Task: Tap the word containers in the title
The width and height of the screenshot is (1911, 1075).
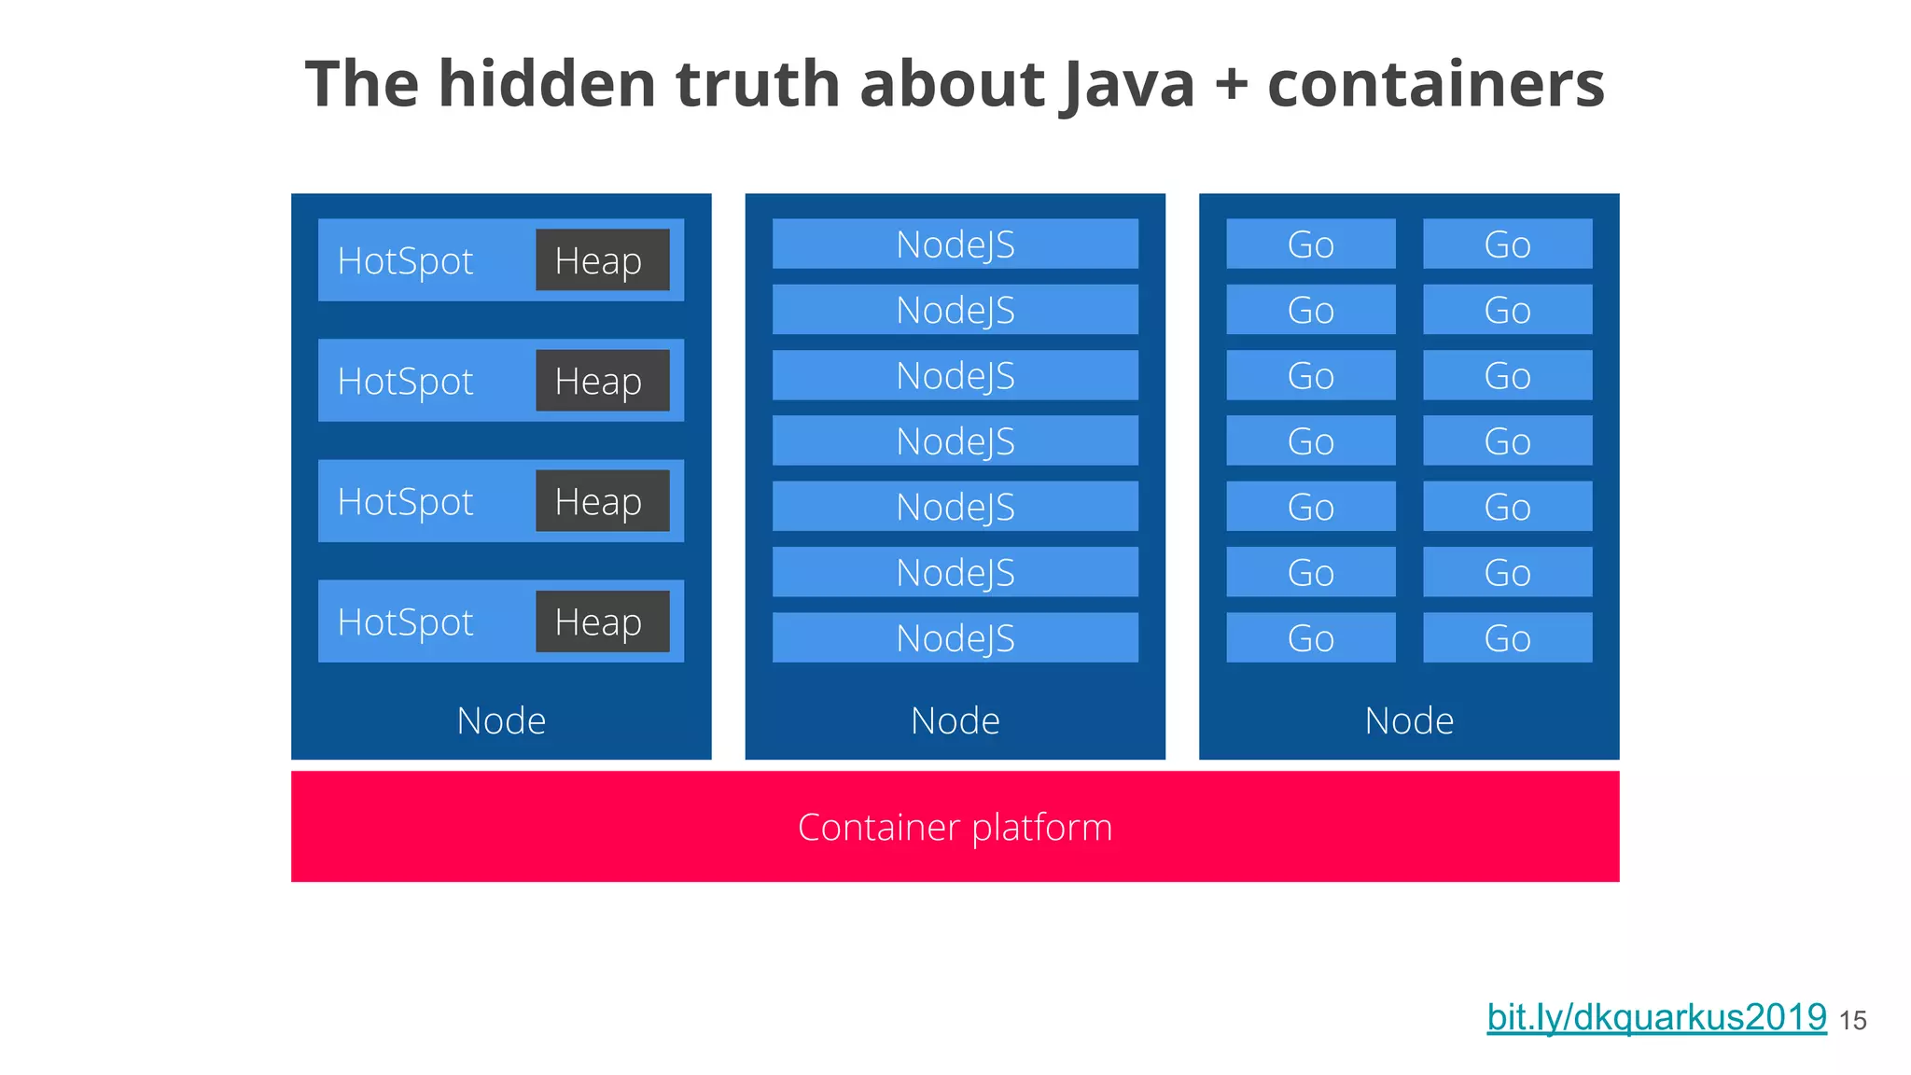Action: click(1435, 84)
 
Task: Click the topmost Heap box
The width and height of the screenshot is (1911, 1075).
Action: click(602, 260)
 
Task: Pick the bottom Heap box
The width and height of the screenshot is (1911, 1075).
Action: click(602, 621)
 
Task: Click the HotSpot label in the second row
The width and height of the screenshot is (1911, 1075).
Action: click(406, 381)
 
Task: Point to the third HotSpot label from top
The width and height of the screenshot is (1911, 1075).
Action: click(406, 501)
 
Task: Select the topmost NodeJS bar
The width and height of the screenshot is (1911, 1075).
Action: click(955, 244)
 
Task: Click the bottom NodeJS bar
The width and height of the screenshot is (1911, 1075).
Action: click(955, 638)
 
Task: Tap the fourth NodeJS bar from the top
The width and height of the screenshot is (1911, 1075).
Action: click(955, 441)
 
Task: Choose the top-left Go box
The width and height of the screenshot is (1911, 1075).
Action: click(1310, 244)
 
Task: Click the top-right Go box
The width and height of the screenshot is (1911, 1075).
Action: click(1507, 244)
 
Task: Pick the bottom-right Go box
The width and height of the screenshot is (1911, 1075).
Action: click(1507, 638)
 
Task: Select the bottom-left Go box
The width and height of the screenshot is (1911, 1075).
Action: click(1310, 638)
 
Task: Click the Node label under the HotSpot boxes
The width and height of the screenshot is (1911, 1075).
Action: click(501, 720)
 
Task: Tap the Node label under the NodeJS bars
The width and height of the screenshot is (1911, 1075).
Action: click(955, 720)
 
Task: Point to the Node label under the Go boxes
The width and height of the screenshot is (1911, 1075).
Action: click(1409, 720)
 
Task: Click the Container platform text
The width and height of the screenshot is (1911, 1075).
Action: click(955, 827)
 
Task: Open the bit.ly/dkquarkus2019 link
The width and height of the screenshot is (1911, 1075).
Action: click(1656, 1017)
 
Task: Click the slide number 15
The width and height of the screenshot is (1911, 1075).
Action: click(1852, 1021)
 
